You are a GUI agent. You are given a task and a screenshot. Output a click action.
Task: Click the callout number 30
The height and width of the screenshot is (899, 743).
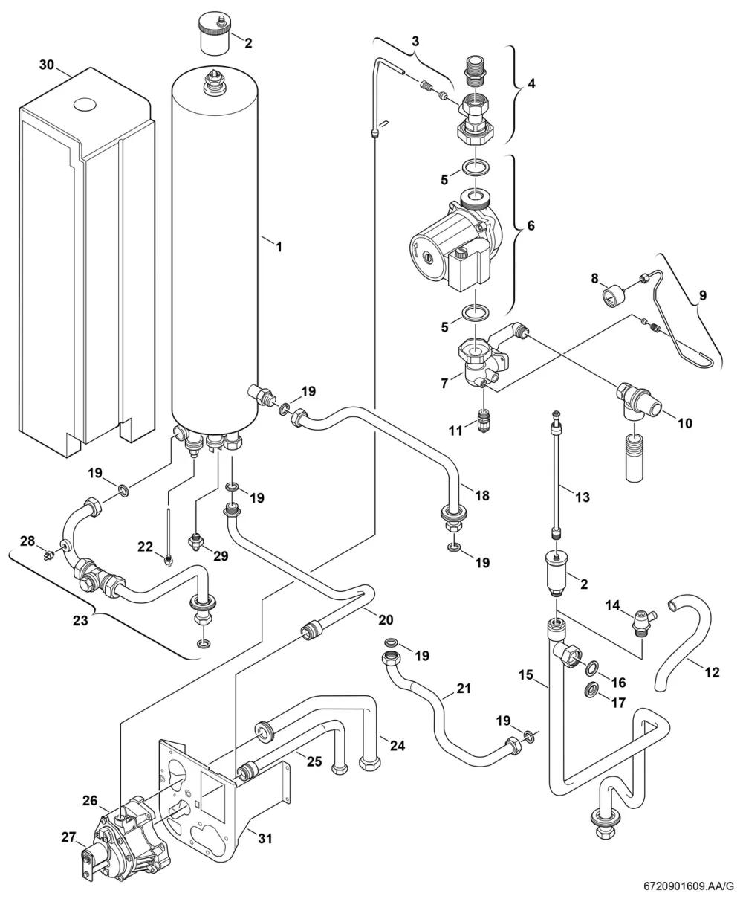47,65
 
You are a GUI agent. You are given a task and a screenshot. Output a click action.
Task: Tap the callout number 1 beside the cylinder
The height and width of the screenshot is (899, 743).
279,247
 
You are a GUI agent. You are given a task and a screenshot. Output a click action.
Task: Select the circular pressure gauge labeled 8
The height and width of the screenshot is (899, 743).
612,296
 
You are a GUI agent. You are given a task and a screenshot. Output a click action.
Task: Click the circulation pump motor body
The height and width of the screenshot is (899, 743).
450,250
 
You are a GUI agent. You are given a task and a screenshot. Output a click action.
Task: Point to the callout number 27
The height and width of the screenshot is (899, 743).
68,837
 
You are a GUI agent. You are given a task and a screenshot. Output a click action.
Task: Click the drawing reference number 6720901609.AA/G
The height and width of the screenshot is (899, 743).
688,886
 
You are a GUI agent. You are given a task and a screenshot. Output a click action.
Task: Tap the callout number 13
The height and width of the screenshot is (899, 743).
583,497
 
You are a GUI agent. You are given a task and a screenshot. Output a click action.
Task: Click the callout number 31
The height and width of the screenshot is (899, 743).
265,838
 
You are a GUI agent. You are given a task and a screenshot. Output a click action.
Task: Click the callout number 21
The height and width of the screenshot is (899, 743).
464,689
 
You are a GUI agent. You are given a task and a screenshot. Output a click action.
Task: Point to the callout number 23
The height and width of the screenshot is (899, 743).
80,620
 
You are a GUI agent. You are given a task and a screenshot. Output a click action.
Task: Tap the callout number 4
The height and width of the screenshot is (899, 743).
531,83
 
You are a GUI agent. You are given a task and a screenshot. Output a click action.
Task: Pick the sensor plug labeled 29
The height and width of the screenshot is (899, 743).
195,540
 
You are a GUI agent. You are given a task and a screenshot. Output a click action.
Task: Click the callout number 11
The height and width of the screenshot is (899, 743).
455,430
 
